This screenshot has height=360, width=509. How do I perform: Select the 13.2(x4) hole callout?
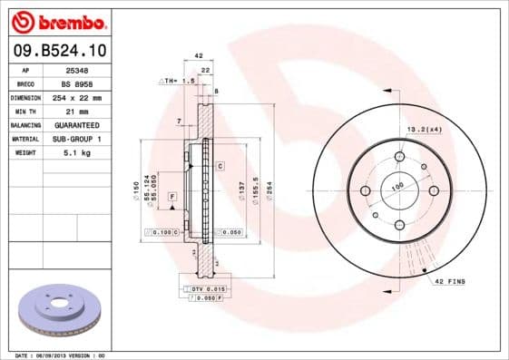pyautogui.click(x=423, y=131)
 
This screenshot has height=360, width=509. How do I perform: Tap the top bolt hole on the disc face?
pyautogui.click(x=399, y=156)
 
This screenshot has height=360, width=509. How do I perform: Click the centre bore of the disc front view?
pyautogui.click(x=399, y=190)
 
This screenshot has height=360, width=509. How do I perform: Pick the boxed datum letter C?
pyautogui.click(x=220, y=166)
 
